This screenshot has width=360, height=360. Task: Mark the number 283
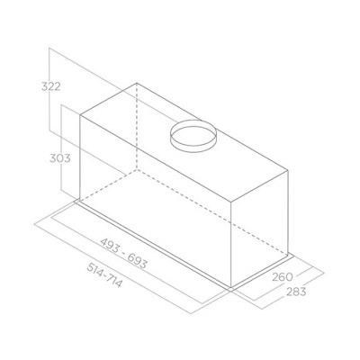click(295, 292)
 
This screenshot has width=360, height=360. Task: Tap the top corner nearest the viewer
click(233, 195)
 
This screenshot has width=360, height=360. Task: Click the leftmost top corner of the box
click(78, 115)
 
